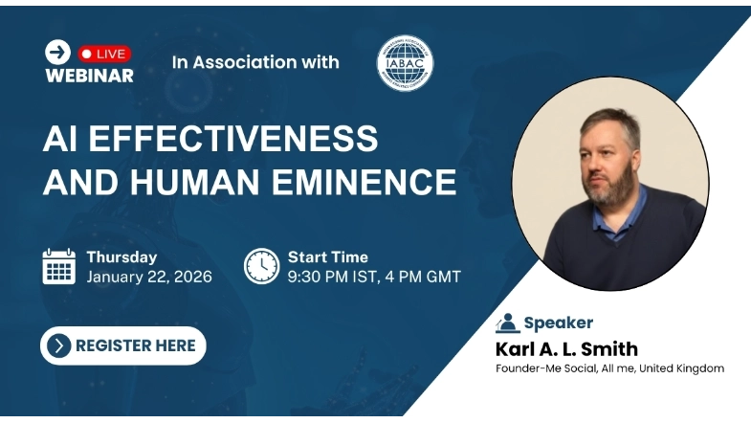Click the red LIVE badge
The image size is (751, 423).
(x=104, y=54)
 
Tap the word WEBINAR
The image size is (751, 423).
(x=89, y=75)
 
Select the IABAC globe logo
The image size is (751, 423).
(x=405, y=64)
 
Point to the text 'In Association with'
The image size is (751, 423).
(x=255, y=62)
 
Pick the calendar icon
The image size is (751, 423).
(x=59, y=266)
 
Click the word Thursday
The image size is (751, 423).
(x=121, y=256)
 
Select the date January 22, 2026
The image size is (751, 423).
(x=148, y=278)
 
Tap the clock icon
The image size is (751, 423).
(x=261, y=266)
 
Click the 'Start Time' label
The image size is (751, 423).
(x=328, y=256)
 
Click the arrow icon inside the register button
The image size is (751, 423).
(x=59, y=345)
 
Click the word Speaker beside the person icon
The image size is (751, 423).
(x=558, y=323)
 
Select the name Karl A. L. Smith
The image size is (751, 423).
(x=566, y=348)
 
